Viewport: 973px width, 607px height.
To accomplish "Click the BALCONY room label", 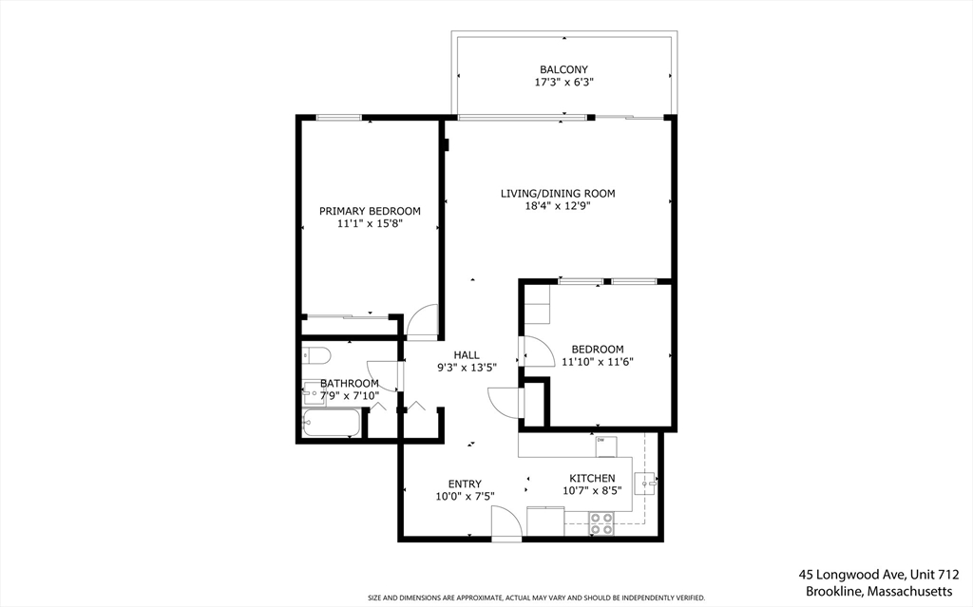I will pyautogui.click(x=563, y=69).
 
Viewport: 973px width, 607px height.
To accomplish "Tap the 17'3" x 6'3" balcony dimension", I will pyautogui.click(x=563, y=83).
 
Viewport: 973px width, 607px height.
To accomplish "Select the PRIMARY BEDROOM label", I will pyautogui.click(x=370, y=211).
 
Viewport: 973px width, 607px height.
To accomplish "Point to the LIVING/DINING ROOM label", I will pyautogui.click(x=558, y=194).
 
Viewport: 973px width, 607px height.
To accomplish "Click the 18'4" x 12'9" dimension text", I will pyautogui.click(x=558, y=206).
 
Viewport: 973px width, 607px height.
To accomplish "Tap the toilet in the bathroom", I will pyautogui.click(x=315, y=356).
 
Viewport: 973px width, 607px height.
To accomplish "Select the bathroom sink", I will pyautogui.click(x=313, y=389).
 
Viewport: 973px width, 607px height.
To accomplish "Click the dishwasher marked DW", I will pyautogui.click(x=605, y=445).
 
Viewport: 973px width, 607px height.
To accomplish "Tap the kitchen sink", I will pyautogui.click(x=646, y=483).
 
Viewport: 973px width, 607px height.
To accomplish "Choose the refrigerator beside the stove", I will pyautogui.click(x=545, y=522).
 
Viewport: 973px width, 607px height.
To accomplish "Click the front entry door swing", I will pyautogui.click(x=506, y=522).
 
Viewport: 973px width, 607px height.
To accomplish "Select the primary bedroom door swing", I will pyautogui.click(x=421, y=321).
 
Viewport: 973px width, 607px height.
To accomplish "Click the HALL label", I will pyautogui.click(x=466, y=355).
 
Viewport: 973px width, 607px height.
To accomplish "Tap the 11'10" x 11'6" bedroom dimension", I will pyautogui.click(x=597, y=362).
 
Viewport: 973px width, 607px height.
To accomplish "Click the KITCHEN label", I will pyautogui.click(x=592, y=478).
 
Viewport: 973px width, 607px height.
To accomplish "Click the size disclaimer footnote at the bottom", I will pyautogui.click(x=536, y=598).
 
